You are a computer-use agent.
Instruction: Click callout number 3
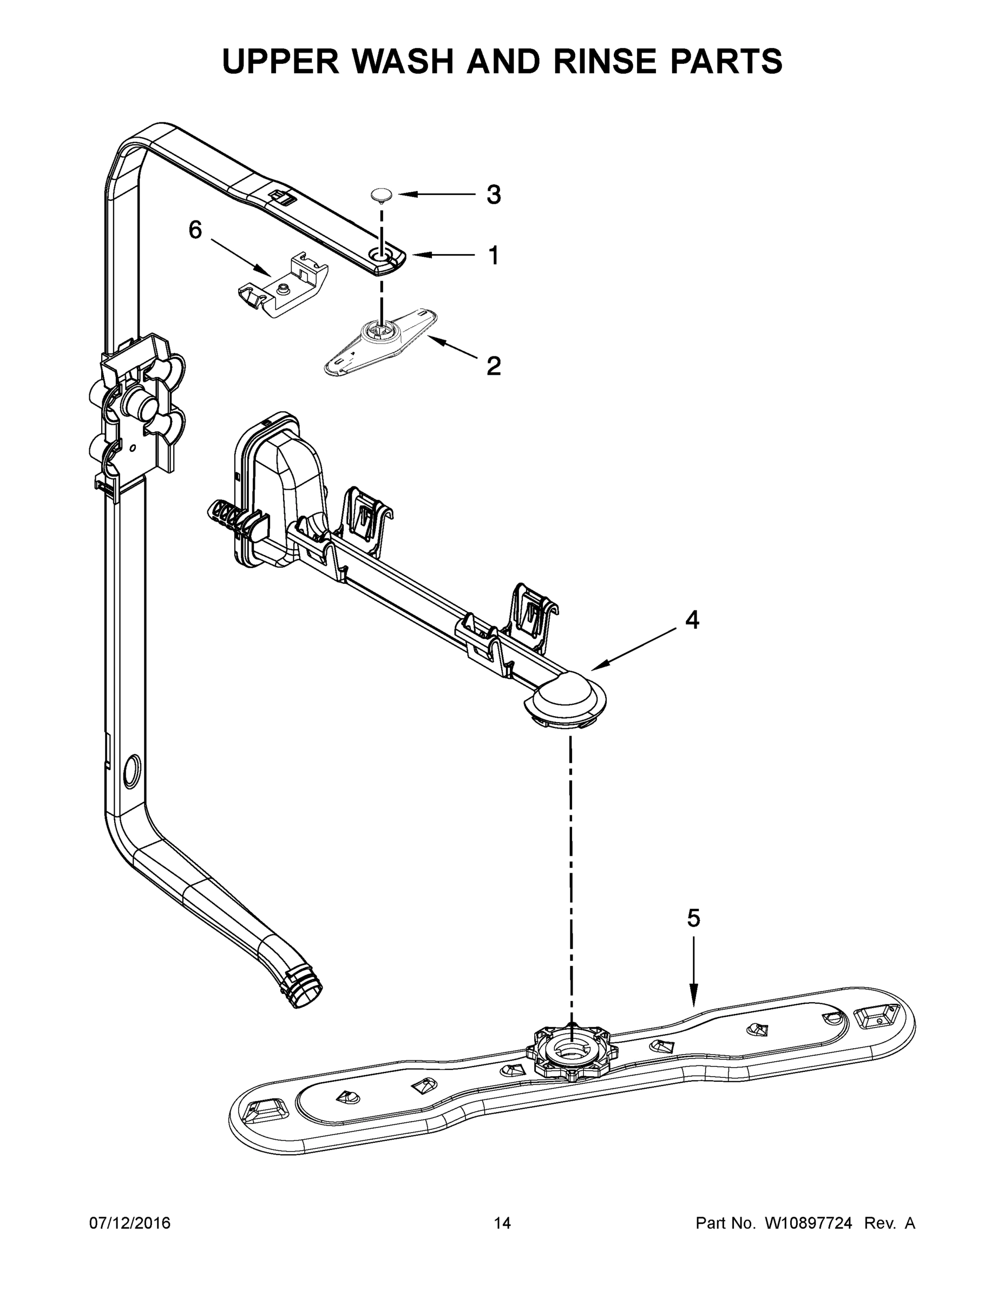[494, 194]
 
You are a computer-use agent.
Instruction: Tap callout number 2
[494, 366]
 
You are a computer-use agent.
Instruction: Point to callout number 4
[692, 620]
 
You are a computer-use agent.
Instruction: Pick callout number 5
[693, 918]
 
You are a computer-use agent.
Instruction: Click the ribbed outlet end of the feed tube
[307, 991]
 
